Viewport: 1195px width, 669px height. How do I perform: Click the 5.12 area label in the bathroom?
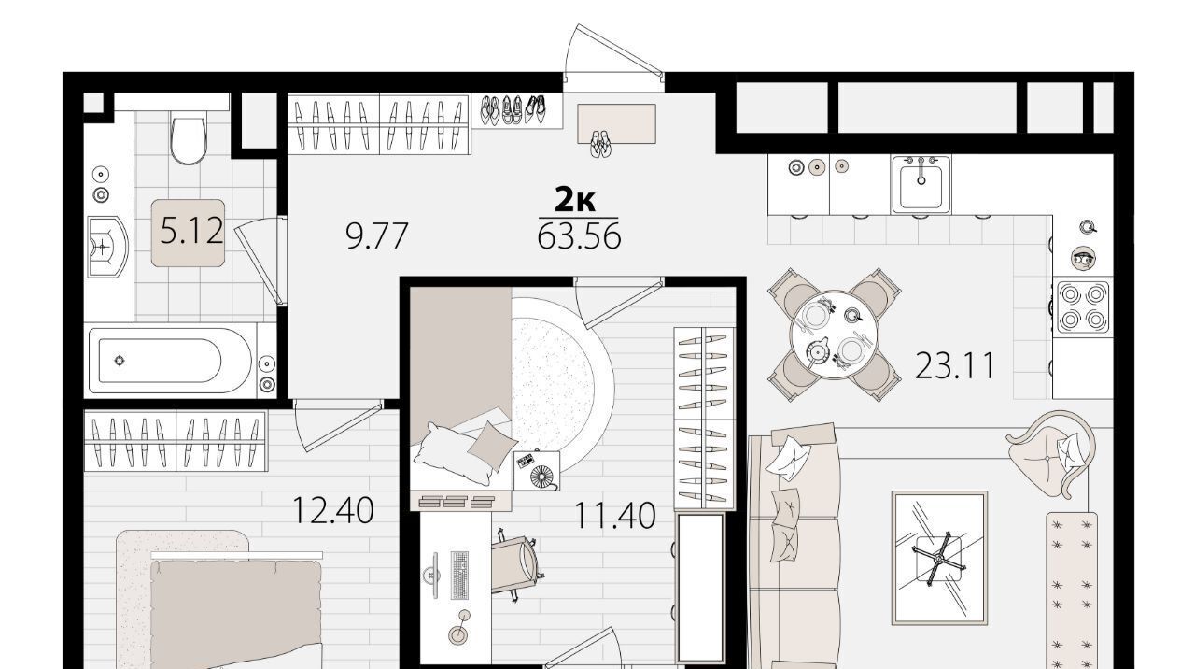click(x=191, y=233)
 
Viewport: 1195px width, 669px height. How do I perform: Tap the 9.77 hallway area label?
click(x=376, y=236)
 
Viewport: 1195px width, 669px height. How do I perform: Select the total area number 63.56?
click(x=579, y=236)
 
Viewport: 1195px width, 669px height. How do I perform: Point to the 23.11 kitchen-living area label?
click(x=955, y=365)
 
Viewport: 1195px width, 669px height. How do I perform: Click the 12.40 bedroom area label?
click(x=333, y=510)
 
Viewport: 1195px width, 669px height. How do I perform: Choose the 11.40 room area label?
click(x=614, y=516)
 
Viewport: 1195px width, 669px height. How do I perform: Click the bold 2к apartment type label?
click(x=575, y=199)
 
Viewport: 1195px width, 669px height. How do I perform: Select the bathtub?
click(x=170, y=361)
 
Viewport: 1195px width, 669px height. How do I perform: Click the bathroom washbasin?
click(x=107, y=247)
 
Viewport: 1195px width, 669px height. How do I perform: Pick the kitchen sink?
click(x=921, y=184)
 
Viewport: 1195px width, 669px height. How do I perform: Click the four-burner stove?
click(x=1082, y=306)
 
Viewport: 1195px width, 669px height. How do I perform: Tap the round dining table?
click(x=834, y=334)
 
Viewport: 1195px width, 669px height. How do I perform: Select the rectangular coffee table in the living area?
click(x=939, y=558)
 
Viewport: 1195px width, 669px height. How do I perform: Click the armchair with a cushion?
click(x=1051, y=452)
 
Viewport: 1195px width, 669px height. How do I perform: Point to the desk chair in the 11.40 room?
click(x=515, y=565)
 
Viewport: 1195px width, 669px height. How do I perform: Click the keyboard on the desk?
click(x=459, y=575)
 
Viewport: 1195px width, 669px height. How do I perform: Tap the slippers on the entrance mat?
click(x=600, y=144)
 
